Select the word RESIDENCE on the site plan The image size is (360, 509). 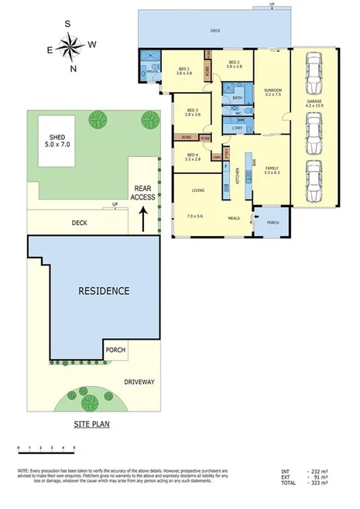tap(104, 292)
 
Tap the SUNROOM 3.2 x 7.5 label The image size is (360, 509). tap(273, 94)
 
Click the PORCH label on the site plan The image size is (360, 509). tap(115, 350)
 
